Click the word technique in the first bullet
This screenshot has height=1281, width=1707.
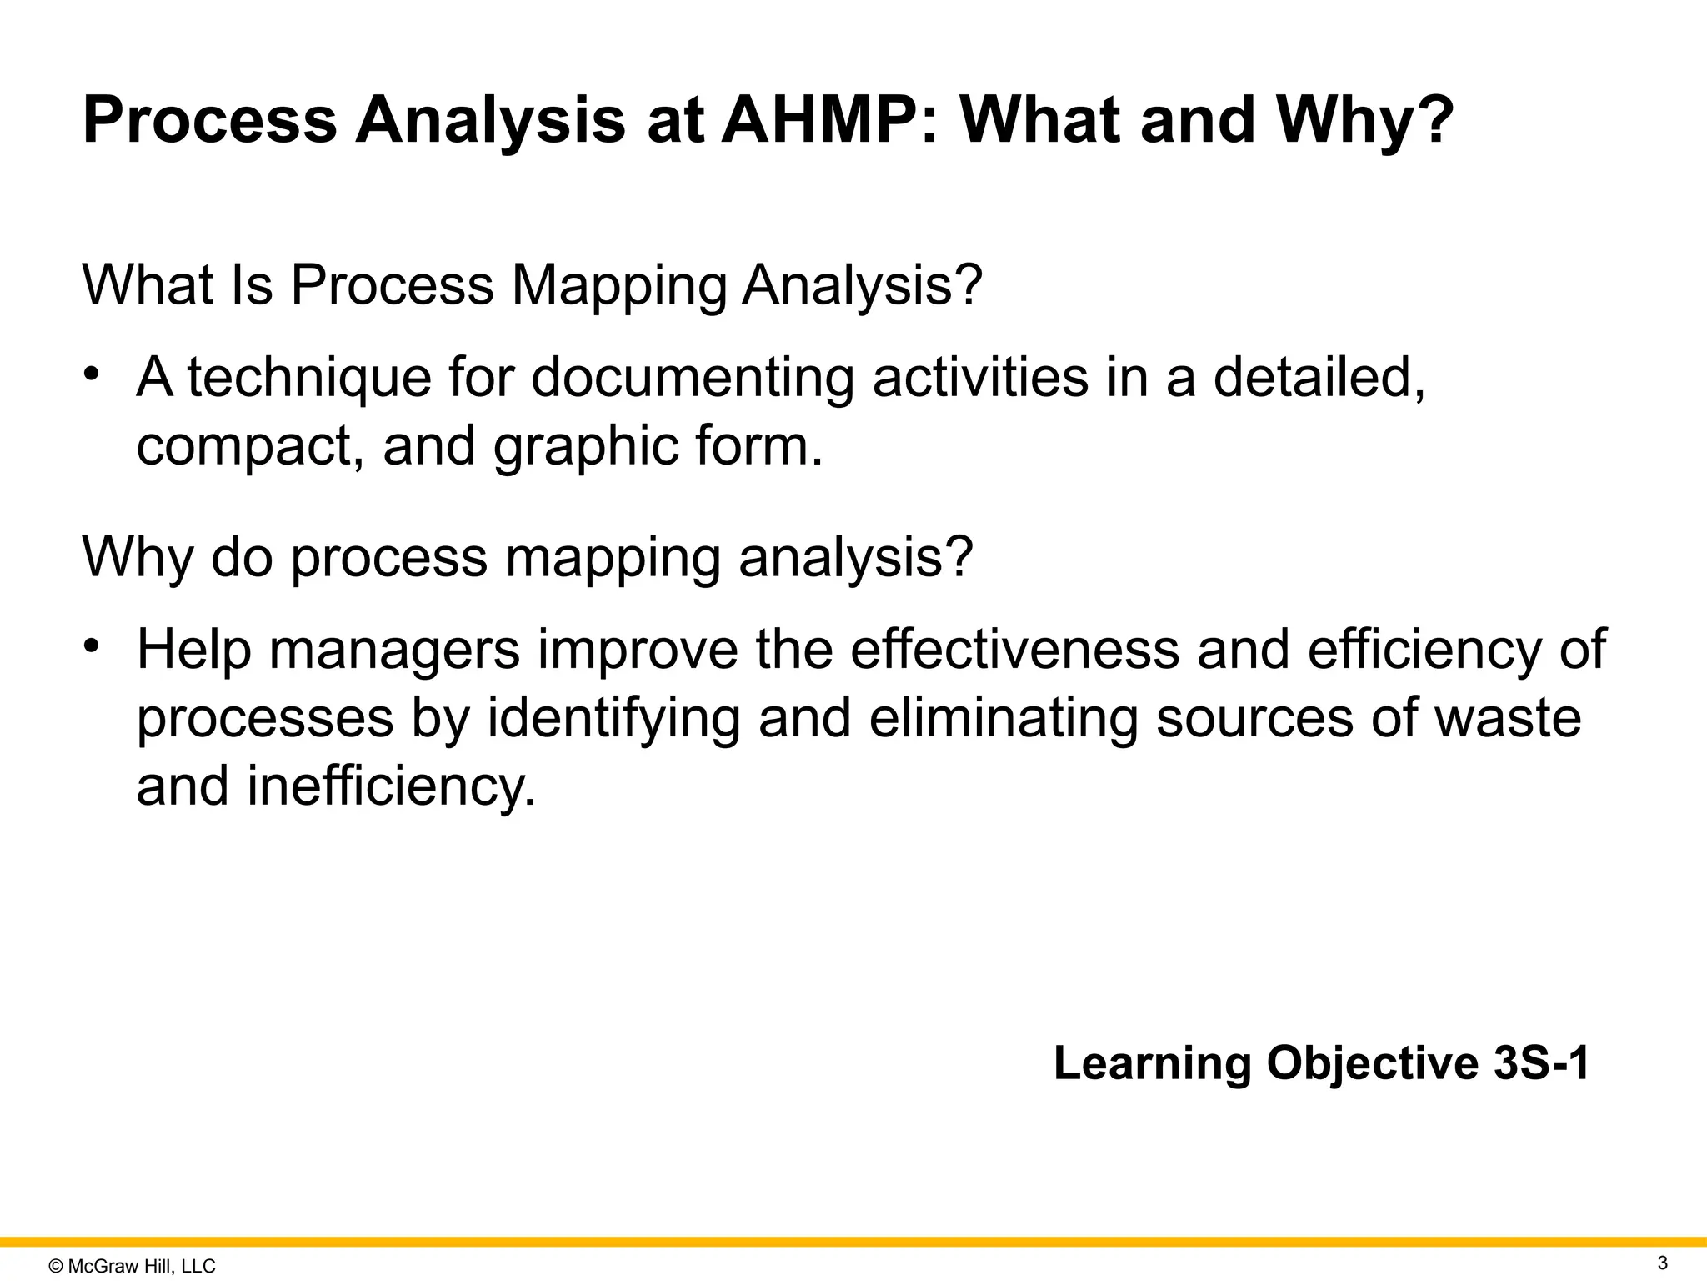coord(309,378)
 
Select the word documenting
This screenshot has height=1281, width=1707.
coord(692,378)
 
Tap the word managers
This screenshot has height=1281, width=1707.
coord(394,649)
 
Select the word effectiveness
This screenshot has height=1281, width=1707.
coord(1014,649)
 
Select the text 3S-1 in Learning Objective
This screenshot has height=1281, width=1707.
coord(1542,1063)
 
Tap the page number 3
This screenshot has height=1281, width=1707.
coord(1662,1263)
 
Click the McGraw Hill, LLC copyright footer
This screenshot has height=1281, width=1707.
coord(133,1266)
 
